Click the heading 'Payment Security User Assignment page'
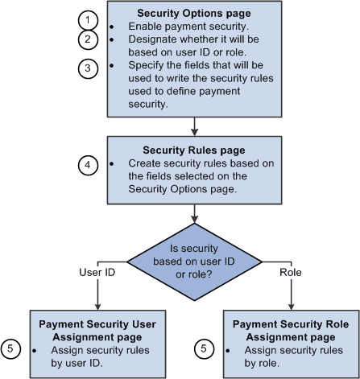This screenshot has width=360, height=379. (97, 330)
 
